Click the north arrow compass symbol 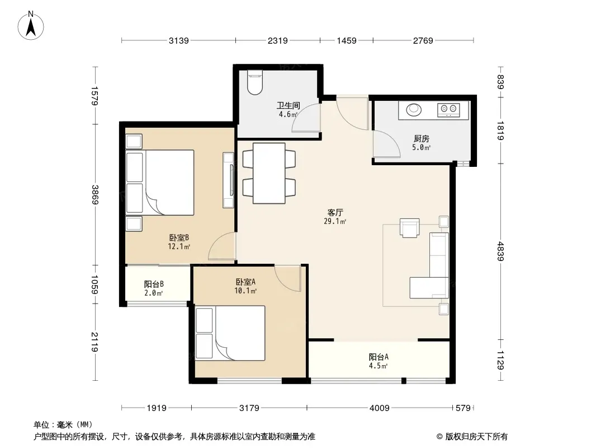coord(31,26)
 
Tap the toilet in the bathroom coord(254,82)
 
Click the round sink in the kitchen coord(414,110)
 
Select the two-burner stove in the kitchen coord(448,110)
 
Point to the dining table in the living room coord(269,173)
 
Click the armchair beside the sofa coord(409,227)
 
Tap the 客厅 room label coord(335,212)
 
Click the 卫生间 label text coord(288,105)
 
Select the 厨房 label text coord(421,139)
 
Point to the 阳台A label coord(378,357)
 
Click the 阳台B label coord(154,284)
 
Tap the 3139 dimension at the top coord(179,40)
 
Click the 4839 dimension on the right coord(500,251)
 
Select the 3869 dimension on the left coord(94,194)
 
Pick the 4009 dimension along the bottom coord(379,408)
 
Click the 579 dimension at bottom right coord(463,408)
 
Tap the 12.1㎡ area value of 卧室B coord(179,246)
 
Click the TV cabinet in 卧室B coord(228,180)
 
